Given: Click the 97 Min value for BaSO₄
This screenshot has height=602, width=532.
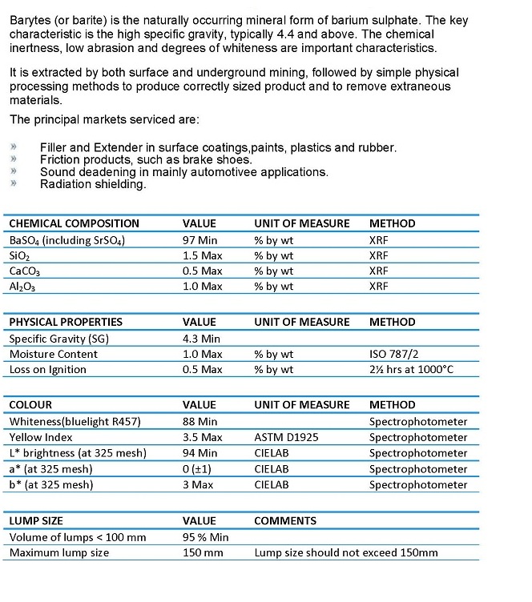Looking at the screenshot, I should [202, 240].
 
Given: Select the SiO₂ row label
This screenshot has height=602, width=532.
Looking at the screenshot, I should [21, 256].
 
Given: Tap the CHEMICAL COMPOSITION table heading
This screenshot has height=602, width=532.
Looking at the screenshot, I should [74, 224].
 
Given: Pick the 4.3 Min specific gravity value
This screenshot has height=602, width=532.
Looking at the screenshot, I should [201, 339].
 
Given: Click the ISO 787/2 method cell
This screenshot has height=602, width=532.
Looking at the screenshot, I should [394, 355].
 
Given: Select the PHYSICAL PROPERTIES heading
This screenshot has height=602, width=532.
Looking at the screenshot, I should [66, 323].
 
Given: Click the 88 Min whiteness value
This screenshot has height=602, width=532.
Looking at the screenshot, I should [200, 422].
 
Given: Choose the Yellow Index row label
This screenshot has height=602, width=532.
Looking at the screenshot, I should [41, 438].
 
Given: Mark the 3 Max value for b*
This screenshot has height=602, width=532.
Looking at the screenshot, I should [199, 485].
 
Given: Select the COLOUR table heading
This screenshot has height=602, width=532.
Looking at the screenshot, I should [30, 406].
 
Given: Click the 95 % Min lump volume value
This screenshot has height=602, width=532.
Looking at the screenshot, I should [206, 537].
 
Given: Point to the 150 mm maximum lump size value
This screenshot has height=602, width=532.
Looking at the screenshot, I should [203, 553].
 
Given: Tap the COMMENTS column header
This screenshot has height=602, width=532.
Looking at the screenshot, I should [285, 521].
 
